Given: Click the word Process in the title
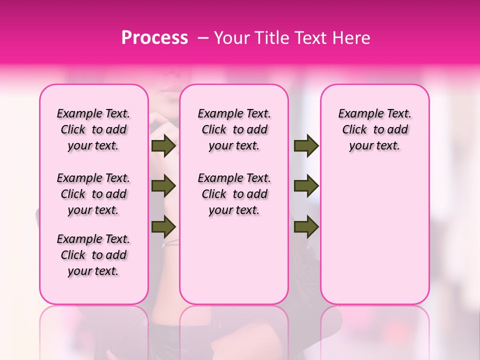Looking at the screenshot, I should click(x=154, y=37).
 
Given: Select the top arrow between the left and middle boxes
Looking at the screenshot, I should click(x=163, y=145).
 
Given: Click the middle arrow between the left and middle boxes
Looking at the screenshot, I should click(x=163, y=186).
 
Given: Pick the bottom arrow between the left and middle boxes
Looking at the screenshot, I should click(x=163, y=227).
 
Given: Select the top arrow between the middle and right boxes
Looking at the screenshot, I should click(x=306, y=145).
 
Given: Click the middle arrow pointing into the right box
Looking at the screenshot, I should click(x=306, y=186).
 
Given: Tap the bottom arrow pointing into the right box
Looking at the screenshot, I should click(x=306, y=227).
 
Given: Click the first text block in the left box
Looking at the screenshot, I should click(x=93, y=129).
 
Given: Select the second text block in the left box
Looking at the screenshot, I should click(x=93, y=194).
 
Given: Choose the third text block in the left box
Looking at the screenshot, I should click(x=93, y=255).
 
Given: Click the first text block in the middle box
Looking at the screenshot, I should click(x=234, y=129).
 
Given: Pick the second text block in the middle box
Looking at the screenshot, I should click(x=234, y=194).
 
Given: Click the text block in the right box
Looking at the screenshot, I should click(x=375, y=129).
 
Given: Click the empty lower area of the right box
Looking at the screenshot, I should click(x=375, y=240).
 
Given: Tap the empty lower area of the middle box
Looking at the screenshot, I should click(x=234, y=260).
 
